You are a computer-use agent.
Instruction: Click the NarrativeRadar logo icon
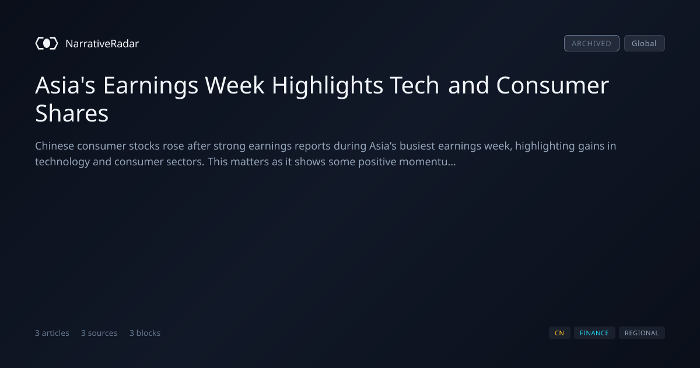[47, 43]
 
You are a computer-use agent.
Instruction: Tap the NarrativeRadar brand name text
[102, 43]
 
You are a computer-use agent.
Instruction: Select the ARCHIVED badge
[591, 43]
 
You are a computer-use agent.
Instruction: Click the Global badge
[645, 43]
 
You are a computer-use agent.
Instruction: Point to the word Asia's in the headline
[65, 85]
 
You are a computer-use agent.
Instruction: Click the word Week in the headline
[235, 85]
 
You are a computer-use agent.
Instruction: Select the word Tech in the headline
[414, 85]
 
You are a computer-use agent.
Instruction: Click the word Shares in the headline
[72, 113]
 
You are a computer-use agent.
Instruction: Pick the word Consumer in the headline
[552, 85]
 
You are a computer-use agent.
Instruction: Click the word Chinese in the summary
[54, 146]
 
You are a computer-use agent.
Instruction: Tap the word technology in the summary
[62, 162]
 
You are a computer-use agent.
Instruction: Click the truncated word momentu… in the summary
[428, 162]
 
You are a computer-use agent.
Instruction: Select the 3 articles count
[52, 333]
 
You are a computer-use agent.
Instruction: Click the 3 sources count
[99, 333]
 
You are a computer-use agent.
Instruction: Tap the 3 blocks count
[145, 333]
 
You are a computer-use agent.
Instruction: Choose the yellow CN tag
[559, 333]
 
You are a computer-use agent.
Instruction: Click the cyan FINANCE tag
[594, 333]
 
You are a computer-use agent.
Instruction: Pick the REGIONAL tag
[642, 333]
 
